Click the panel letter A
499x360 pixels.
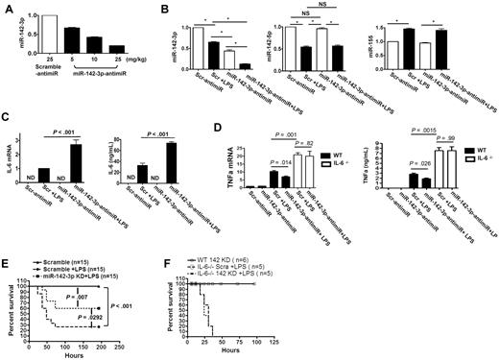pos(7,9)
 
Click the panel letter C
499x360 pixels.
pos(8,118)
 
